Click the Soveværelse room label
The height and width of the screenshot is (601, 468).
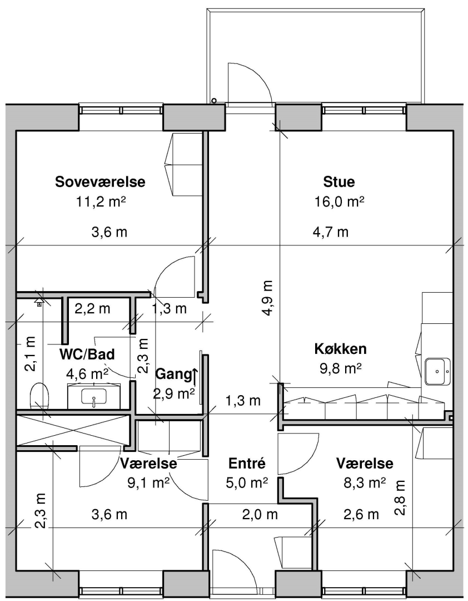pyautogui.click(x=101, y=181)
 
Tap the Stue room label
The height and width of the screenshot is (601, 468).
pyautogui.click(x=339, y=181)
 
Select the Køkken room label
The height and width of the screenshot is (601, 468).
pyautogui.click(x=341, y=349)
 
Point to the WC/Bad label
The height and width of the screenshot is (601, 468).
pyautogui.click(x=87, y=354)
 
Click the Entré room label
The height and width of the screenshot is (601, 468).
pyautogui.click(x=247, y=463)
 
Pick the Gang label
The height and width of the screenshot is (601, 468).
pyautogui.click(x=173, y=375)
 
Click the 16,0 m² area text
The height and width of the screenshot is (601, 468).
pyautogui.click(x=339, y=201)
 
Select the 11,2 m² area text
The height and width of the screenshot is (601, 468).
pyautogui.click(x=101, y=201)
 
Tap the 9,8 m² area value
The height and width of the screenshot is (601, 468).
pyautogui.click(x=341, y=368)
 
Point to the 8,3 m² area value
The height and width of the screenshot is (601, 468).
pyautogui.click(x=365, y=482)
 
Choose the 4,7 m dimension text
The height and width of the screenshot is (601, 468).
pyautogui.click(x=331, y=232)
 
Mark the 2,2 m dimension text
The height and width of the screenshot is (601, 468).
pyautogui.click(x=92, y=308)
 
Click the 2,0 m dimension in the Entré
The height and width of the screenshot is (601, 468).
pyautogui.click(x=260, y=514)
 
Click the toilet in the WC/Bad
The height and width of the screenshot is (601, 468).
pyautogui.click(x=39, y=395)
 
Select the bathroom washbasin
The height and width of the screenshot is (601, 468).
pyautogui.click(x=94, y=397)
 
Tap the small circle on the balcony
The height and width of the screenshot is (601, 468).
pyautogui.click(x=213, y=101)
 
